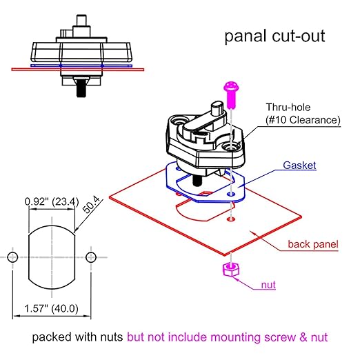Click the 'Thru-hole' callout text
292,107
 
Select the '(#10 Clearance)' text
303,120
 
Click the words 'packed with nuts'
77,339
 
